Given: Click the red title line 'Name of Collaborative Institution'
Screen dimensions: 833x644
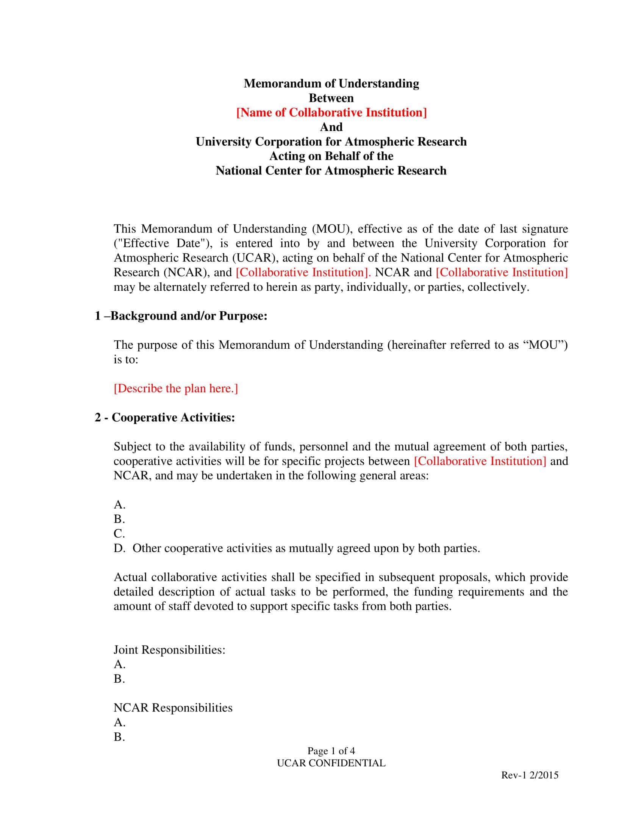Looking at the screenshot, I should coord(331,112).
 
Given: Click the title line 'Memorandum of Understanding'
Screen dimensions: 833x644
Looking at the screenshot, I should coord(331,84).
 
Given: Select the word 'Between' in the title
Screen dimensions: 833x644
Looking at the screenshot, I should coord(331,98).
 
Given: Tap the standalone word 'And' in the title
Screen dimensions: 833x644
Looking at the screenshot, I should coord(331,127).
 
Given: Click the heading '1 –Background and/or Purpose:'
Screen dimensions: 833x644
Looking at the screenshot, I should coord(181,316).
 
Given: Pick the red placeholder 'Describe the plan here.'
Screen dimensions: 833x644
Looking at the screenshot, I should coord(175,388).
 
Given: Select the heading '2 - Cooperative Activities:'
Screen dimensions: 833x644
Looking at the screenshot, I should coord(165,418).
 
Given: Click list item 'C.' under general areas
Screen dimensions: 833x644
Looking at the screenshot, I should coord(119,533).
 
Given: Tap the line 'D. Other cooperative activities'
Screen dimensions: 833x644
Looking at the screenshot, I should coord(297,548).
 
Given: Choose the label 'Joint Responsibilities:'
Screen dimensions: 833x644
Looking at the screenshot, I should coord(169,649).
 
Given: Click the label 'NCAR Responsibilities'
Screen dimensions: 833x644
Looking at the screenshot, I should coord(173,708).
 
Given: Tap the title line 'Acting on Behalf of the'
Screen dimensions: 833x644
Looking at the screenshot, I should coord(331,156).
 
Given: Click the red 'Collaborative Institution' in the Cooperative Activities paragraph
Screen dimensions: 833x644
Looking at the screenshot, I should coord(480,461).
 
